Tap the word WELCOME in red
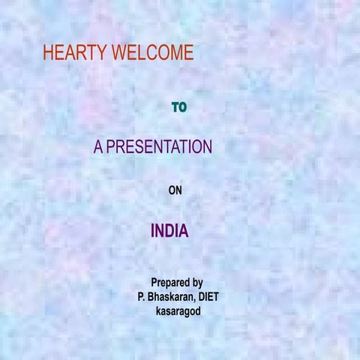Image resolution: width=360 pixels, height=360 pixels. tap(152, 52)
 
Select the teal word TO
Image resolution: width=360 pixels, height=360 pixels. tap(179, 107)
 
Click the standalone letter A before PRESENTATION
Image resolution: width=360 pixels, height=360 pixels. tap(98, 147)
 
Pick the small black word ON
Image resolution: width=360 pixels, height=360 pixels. tap(175, 190)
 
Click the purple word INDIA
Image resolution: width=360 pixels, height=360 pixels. tap(169, 231)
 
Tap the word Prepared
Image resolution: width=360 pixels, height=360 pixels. tap(169, 283)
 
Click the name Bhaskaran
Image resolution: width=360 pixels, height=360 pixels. tap(172, 296)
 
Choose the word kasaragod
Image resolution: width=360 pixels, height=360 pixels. tap(178, 310)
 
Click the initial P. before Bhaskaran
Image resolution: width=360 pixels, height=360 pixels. tap(141, 296)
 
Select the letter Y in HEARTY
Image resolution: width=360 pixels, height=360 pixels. tap(103, 52)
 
